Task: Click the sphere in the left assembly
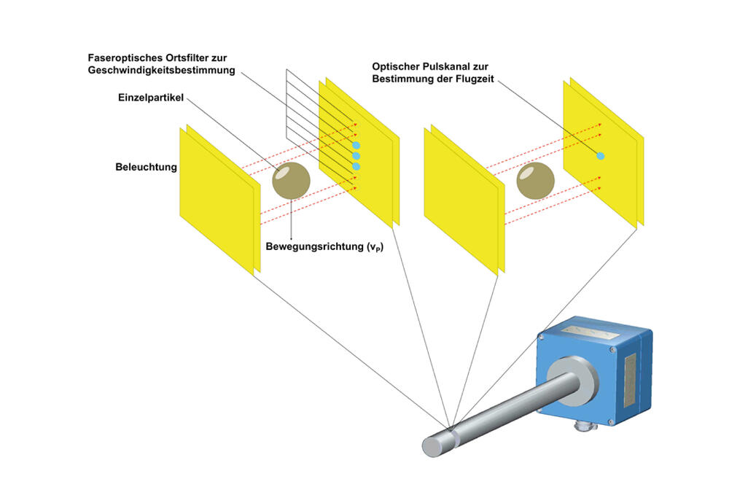tap(291, 179)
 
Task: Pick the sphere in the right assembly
tap(536, 181)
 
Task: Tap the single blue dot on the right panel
tap(600, 155)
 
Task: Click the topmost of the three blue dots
tap(356, 145)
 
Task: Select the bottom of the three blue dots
tap(356, 167)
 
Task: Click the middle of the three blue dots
tap(356, 155)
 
